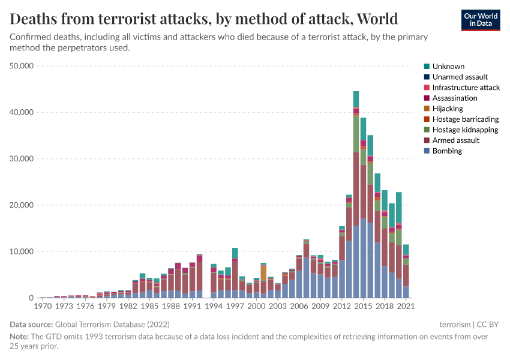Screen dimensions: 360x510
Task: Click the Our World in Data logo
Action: (x=480, y=19)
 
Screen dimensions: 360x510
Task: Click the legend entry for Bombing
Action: (x=447, y=151)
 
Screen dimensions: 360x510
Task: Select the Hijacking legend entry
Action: (x=449, y=109)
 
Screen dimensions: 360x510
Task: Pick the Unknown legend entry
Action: (x=448, y=67)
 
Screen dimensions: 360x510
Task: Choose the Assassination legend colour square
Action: (x=427, y=98)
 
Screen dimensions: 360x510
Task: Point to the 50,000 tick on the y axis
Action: (x=22, y=66)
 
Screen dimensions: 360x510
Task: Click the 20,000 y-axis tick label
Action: (x=22, y=205)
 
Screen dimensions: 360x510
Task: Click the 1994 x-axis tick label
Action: (x=213, y=306)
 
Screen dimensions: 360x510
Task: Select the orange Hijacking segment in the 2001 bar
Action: (x=263, y=273)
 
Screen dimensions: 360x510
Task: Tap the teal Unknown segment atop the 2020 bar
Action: (x=398, y=207)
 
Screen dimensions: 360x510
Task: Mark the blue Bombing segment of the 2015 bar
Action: (x=363, y=258)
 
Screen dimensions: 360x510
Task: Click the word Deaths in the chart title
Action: (x=36, y=20)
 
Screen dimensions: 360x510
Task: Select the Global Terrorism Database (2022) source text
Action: (x=106, y=325)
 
